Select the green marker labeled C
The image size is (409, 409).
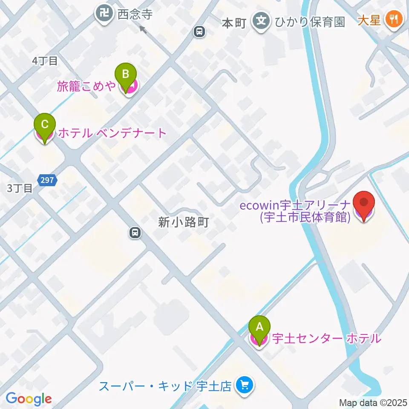click(x=45, y=126)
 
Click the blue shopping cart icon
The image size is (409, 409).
click(x=245, y=386)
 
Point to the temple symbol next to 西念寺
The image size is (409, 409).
click(x=104, y=14)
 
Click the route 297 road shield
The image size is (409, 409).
click(x=47, y=180)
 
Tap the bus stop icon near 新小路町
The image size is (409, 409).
click(x=135, y=233)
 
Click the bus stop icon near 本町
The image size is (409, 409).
click(x=199, y=31)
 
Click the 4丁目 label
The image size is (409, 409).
click(x=45, y=61)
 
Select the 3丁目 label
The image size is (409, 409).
click(x=20, y=188)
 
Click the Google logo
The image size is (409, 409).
click(x=29, y=399)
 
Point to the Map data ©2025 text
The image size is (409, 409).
click(x=373, y=402)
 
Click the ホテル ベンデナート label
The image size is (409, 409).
click(x=112, y=133)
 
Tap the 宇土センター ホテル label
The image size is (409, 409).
click(x=326, y=339)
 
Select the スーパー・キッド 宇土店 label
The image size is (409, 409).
click(x=165, y=386)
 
